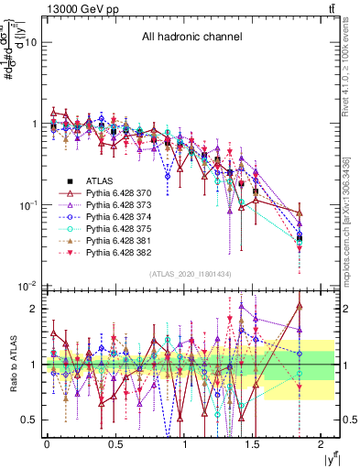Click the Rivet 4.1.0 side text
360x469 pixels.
(350, 73)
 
